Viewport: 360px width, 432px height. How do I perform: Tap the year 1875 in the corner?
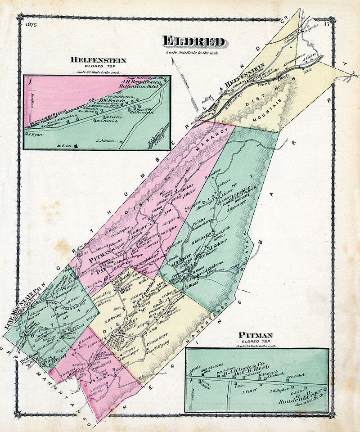tap(31, 24)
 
